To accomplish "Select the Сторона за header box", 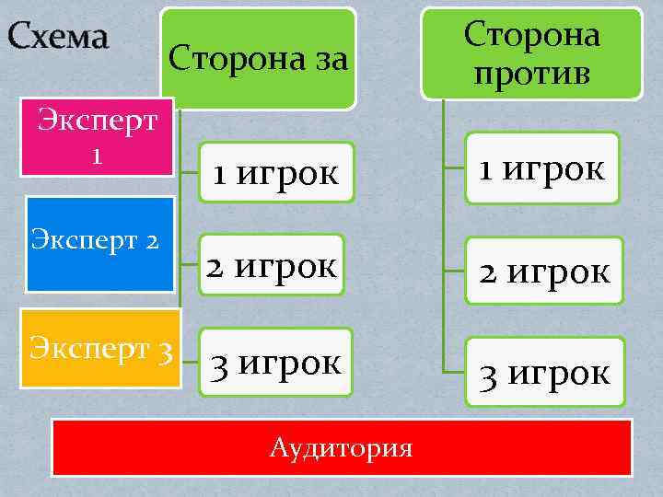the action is point(259,59).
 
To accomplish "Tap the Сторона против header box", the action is point(531,52).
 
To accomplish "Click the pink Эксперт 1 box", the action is point(96,137).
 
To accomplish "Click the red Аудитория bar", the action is point(342,447).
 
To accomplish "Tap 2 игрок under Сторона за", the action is point(273,266).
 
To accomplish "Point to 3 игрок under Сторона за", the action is point(277,362).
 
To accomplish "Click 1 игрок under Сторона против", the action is point(541,168).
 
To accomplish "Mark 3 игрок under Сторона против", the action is point(544,372).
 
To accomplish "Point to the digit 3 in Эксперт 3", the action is point(165,350).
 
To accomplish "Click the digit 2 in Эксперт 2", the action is point(152,241).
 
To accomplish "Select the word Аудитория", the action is point(342,448).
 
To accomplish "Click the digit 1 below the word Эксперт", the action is point(96,155).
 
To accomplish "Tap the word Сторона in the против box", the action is point(531,35).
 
